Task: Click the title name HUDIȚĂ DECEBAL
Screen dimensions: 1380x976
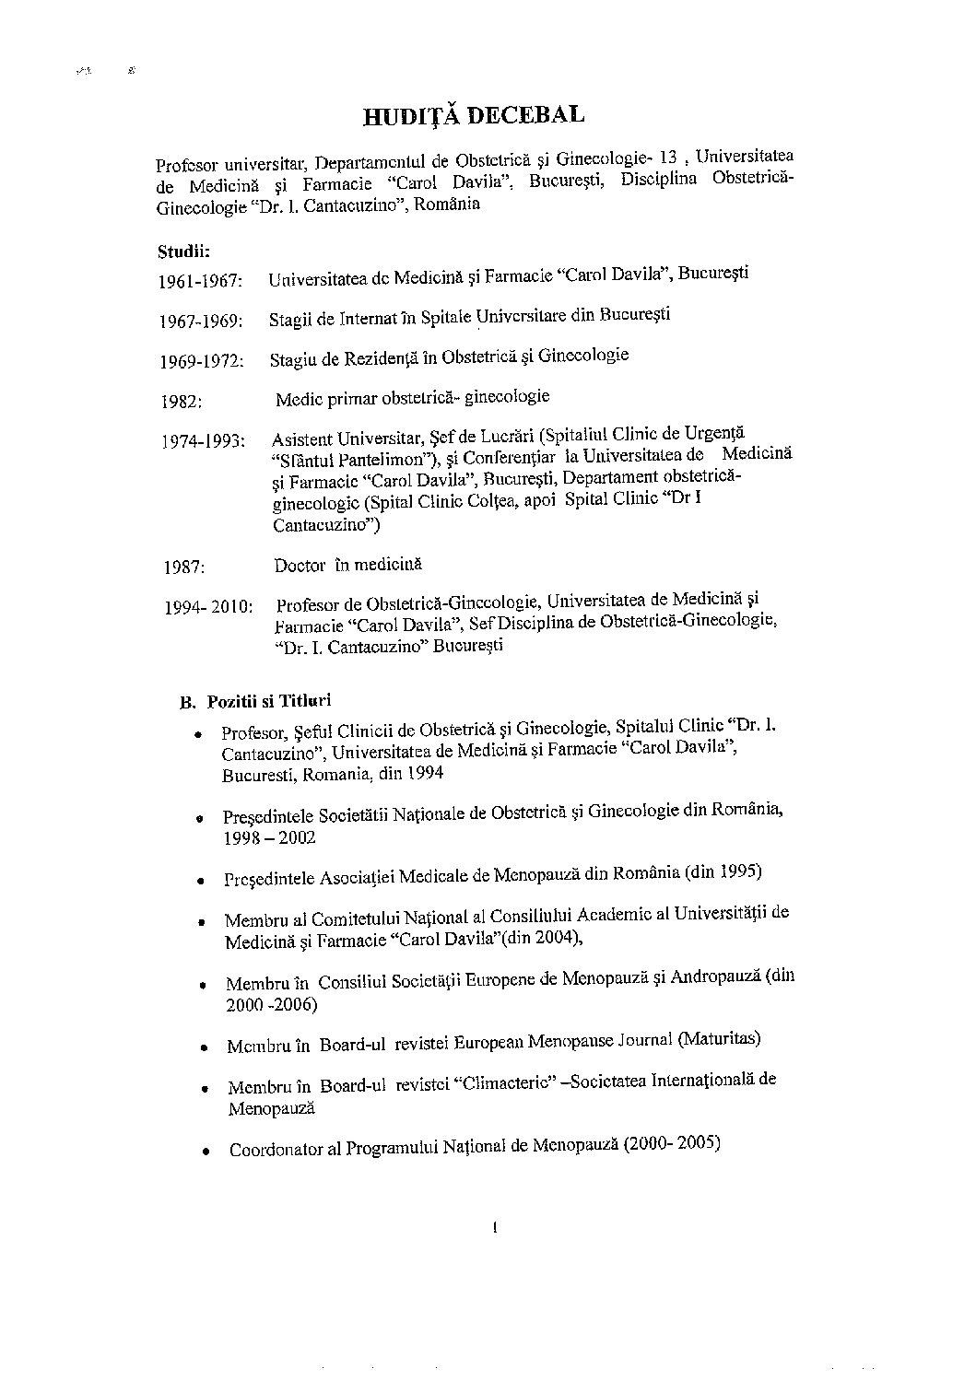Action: pyautogui.click(x=474, y=115)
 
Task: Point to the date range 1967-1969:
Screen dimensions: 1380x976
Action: pyautogui.click(x=200, y=321)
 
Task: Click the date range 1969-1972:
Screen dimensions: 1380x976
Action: pyautogui.click(x=201, y=361)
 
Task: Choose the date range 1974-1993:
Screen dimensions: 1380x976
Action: pyautogui.click(x=203, y=441)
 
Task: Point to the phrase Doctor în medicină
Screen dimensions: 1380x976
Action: pyautogui.click(x=347, y=565)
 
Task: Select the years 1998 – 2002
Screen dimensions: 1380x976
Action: pyautogui.click(x=269, y=837)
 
